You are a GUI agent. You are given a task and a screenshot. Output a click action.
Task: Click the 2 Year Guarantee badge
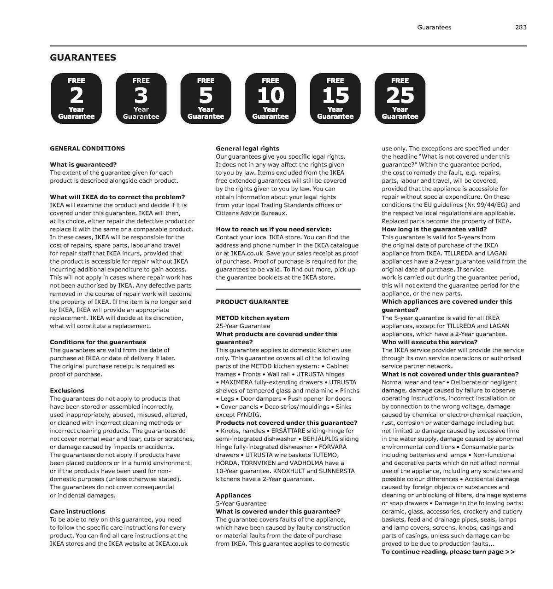coord(76,98)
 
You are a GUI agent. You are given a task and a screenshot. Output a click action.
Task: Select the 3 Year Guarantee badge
coord(141,98)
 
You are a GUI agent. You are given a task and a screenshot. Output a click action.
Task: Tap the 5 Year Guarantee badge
coord(206,98)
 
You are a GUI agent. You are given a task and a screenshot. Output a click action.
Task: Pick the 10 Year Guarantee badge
coord(271,98)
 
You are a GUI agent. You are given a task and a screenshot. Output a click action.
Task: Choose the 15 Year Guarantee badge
coord(335,98)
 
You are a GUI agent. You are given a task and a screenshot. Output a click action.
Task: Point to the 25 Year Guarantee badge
coord(400,98)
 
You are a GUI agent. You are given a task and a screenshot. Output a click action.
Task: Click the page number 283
coord(521,27)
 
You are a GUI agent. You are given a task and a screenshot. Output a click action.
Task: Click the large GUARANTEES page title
coord(83,58)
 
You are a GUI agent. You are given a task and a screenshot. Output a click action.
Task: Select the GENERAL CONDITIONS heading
coord(87,148)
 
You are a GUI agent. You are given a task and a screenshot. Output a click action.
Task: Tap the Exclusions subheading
coord(67,390)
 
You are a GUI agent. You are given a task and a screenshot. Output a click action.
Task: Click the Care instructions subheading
coord(77,511)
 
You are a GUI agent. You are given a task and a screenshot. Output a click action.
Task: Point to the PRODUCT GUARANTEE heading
coord(252,301)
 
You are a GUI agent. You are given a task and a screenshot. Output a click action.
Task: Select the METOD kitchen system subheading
coord(253,318)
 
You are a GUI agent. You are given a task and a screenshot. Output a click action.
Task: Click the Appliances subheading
coord(233,495)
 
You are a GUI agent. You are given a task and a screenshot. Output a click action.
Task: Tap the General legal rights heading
coord(247,148)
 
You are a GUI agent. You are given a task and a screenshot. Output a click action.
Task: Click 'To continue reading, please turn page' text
coord(448,552)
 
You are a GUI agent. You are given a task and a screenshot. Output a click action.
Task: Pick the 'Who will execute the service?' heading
coord(429,342)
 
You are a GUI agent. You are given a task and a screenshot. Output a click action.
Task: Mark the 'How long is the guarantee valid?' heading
coord(434,229)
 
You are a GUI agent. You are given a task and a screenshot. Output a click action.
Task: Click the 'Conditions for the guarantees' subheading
coord(98,342)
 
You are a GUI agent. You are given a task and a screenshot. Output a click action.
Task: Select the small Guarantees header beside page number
coord(434,27)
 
